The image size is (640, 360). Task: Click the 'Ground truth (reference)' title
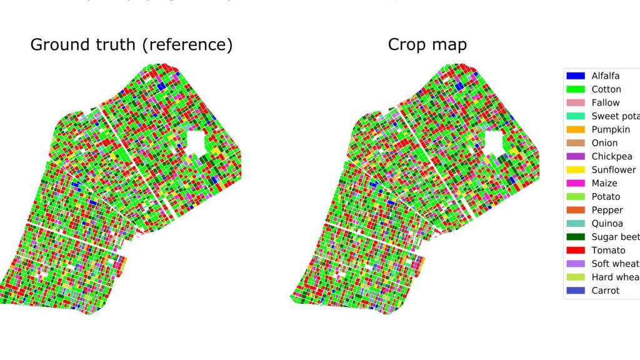point(131,46)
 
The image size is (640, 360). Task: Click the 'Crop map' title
point(427,46)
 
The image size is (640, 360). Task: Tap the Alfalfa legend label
point(605,76)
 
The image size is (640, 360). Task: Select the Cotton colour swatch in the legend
point(576,89)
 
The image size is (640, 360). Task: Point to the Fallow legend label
point(605,102)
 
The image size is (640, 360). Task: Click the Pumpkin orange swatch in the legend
point(576,129)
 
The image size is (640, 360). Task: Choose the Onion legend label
point(604,143)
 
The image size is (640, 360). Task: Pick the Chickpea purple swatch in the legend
point(576,156)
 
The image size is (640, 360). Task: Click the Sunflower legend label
point(613,170)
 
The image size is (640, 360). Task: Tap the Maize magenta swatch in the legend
point(576,183)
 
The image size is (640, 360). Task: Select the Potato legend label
point(604,197)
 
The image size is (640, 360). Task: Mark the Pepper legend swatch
point(576,210)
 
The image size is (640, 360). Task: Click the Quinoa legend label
point(606,224)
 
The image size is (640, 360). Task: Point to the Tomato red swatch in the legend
point(576,251)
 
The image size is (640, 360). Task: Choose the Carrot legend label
point(605,291)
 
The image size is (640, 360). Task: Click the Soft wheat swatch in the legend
point(576,264)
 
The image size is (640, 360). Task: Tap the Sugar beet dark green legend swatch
point(576,237)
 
